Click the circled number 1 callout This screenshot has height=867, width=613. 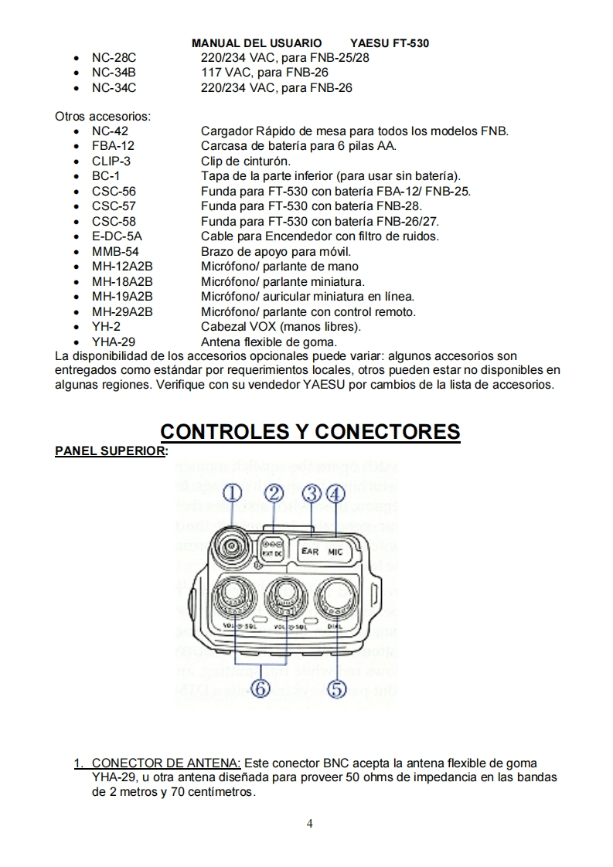point(233,493)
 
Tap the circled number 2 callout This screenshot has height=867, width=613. point(273,493)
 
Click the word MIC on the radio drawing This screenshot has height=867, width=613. point(335,552)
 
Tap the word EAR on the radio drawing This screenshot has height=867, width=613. point(310,552)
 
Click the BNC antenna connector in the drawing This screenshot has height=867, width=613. point(230,546)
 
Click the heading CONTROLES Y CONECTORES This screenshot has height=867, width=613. point(309,431)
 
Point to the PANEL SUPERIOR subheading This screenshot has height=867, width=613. point(109,450)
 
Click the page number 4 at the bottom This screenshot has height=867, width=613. point(310,823)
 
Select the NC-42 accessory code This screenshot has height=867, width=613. point(110,131)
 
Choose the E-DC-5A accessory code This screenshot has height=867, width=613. point(117,236)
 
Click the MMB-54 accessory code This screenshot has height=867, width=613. point(115,251)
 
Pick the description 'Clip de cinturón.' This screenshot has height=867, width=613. point(246,161)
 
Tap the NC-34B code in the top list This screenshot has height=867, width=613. point(114,73)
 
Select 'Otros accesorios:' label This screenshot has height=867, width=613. point(103,117)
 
